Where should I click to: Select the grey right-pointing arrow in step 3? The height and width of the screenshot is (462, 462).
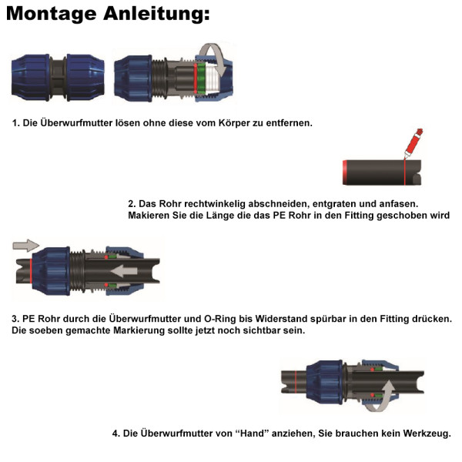click(25, 246)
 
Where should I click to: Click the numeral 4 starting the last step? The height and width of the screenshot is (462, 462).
click(115, 434)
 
